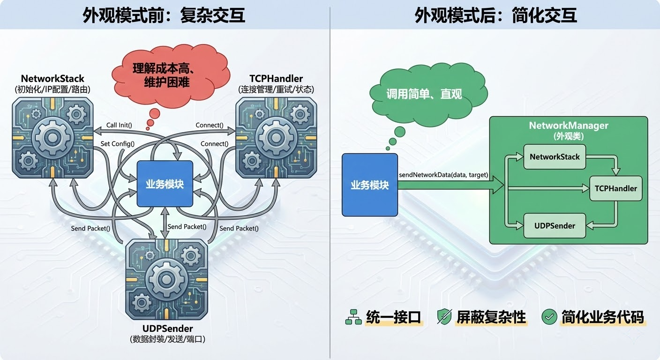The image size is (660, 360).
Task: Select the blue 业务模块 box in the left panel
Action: click(x=165, y=184)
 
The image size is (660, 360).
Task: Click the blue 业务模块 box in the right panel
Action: click(x=370, y=185)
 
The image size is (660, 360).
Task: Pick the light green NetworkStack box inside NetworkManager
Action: click(x=555, y=157)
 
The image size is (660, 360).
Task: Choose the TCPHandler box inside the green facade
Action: click(x=615, y=188)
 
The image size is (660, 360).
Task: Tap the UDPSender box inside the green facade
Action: click(x=555, y=225)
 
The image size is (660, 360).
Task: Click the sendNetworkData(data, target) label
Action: click(x=443, y=175)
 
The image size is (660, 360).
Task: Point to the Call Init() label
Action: click(x=119, y=125)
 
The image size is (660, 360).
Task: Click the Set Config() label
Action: click(x=117, y=144)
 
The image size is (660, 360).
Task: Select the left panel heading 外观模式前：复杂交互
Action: click(x=164, y=15)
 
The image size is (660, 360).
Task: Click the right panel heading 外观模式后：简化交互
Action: click(x=495, y=15)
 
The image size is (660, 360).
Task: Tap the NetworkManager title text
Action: click(x=568, y=126)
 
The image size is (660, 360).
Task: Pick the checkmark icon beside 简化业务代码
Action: click(x=548, y=317)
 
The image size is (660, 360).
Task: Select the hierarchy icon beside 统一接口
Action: click(x=352, y=317)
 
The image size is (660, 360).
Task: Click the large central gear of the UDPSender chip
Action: click(x=167, y=280)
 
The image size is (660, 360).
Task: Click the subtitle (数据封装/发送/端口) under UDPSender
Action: click(x=167, y=339)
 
